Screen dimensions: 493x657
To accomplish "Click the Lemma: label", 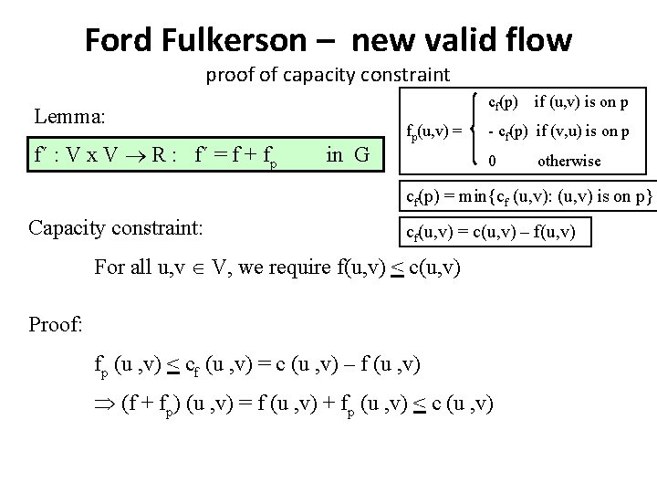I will point(70,117).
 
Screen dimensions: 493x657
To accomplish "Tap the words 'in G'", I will point(347,154).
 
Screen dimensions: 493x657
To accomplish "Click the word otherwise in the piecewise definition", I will point(568,161).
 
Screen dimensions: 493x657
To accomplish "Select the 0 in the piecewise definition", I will point(494,161).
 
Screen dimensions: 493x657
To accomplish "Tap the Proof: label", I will point(57,324).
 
